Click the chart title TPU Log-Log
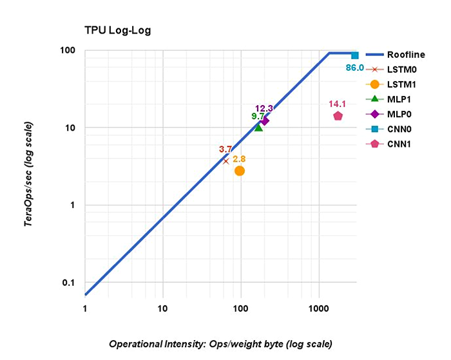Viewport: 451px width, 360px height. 117,30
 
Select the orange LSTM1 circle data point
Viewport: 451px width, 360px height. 240,171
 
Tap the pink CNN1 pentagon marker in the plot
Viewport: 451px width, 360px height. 338,116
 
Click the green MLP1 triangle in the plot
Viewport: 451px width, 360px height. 258,127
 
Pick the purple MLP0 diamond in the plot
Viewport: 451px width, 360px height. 264,120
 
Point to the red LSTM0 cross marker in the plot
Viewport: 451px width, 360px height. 225,160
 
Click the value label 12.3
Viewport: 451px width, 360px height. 265,108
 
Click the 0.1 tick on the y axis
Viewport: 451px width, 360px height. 69,283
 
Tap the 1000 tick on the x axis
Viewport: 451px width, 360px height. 318,308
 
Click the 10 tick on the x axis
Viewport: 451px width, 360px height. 162,308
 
